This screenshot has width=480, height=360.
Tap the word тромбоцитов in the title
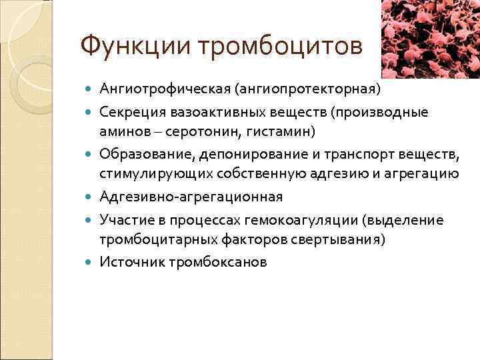(280, 47)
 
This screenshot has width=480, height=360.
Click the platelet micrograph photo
(429, 39)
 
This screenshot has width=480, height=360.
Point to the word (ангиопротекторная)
(306, 89)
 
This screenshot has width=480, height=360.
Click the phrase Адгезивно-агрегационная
(191, 197)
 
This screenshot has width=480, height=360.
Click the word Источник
(130, 262)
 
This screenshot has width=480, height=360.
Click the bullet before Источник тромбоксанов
(90, 263)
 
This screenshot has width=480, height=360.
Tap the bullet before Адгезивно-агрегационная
(90, 198)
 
